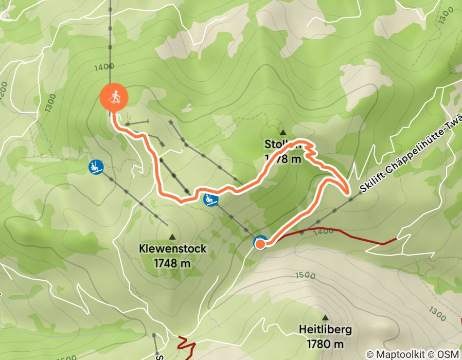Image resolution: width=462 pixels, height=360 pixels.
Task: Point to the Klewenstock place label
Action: tap(172, 249)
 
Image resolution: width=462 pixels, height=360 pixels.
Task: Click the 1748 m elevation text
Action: tap(172, 263)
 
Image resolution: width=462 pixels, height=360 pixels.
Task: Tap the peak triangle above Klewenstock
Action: tap(172, 237)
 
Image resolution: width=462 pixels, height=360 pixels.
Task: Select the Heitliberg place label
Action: tap(325, 329)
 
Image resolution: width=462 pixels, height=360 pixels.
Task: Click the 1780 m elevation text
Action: tap(325, 343)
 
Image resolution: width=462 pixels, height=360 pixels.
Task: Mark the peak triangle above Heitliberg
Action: tap(325, 317)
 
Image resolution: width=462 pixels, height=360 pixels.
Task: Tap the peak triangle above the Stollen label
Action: tap(282, 132)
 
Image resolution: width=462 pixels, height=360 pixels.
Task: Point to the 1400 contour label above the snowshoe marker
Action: tap(104, 66)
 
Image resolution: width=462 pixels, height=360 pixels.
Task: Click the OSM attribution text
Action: tap(447, 354)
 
